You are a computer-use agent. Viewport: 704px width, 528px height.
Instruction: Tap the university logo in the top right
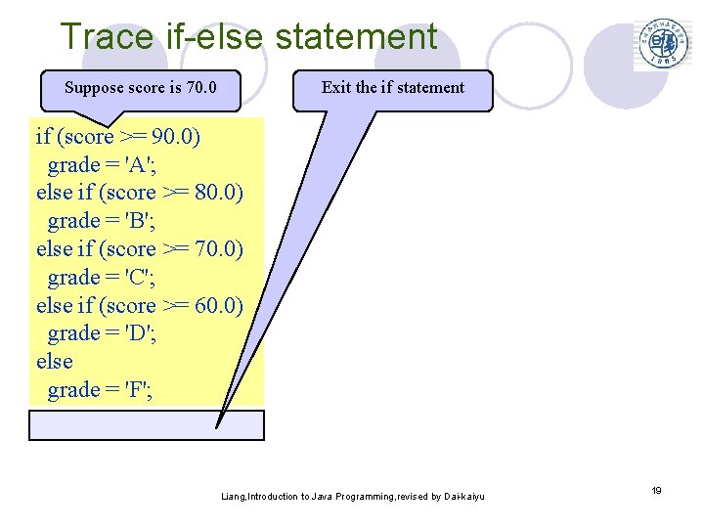(x=662, y=44)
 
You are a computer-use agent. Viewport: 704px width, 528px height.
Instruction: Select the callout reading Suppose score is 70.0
(x=139, y=88)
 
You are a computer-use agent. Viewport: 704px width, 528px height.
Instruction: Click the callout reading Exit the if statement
(x=393, y=88)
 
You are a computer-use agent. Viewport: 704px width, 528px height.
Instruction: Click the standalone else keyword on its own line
(x=55, y=362)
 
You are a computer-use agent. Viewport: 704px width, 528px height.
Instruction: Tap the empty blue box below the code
(x=147, y=425)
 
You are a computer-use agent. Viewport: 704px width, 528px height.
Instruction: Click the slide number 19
(x=657, y=490)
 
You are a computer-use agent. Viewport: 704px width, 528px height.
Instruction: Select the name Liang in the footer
(x=234, y=497)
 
